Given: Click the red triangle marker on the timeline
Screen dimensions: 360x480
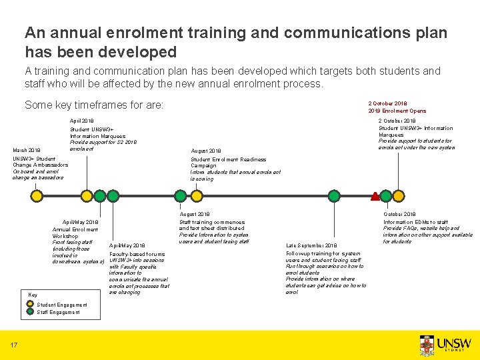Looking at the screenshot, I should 375,196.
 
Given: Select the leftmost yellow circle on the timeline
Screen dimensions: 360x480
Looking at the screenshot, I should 36,196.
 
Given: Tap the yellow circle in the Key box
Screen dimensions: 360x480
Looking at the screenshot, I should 31,305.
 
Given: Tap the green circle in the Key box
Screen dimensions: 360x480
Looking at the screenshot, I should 31,311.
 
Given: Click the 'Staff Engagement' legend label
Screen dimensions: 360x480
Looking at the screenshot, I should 58,312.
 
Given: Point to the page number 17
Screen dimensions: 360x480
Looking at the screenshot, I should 13,345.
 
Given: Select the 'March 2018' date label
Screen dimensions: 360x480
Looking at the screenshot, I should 27,151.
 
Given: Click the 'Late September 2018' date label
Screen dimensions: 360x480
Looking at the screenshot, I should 311,246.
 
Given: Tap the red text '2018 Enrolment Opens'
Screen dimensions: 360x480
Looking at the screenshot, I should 397,111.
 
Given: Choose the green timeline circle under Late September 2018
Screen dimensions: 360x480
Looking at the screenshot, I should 311,196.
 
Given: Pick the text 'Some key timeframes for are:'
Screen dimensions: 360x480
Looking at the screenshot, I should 94,105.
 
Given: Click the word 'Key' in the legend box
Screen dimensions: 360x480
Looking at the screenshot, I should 33,295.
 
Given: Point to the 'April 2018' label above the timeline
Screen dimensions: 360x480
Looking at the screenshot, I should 82,121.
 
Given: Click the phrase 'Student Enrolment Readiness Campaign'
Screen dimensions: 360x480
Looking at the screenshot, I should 228,162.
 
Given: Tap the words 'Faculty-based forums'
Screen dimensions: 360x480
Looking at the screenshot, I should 136,254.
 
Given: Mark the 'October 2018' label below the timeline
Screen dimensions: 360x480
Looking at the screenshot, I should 399,215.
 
